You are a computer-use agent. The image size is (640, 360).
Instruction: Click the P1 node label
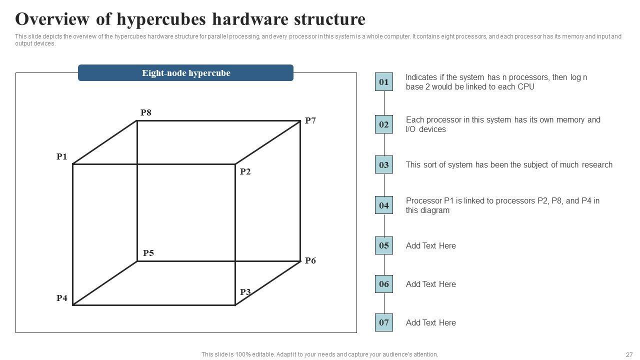61,157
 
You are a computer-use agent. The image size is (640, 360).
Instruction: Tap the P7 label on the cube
310,120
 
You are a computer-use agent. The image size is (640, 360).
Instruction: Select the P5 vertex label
148,253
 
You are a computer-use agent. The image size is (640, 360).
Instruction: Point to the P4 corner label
61,298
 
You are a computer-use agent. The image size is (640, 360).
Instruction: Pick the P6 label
310,260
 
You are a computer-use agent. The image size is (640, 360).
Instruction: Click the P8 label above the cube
146,112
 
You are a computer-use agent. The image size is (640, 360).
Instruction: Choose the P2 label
245,171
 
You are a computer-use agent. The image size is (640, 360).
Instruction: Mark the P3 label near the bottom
245,292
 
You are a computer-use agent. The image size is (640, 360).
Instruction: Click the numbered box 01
383,82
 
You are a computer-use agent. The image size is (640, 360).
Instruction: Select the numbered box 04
383,205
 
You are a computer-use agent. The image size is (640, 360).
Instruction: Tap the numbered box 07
383,322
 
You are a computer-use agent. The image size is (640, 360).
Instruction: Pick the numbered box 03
383,164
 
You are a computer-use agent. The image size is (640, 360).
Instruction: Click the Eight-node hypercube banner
185,73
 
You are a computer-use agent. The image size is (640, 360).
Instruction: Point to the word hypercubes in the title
161,19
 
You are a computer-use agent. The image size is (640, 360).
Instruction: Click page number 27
629,354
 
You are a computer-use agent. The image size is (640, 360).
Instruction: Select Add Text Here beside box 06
430,284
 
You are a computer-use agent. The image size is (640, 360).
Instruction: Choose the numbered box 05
383,245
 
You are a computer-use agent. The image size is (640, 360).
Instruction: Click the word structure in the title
331,19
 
